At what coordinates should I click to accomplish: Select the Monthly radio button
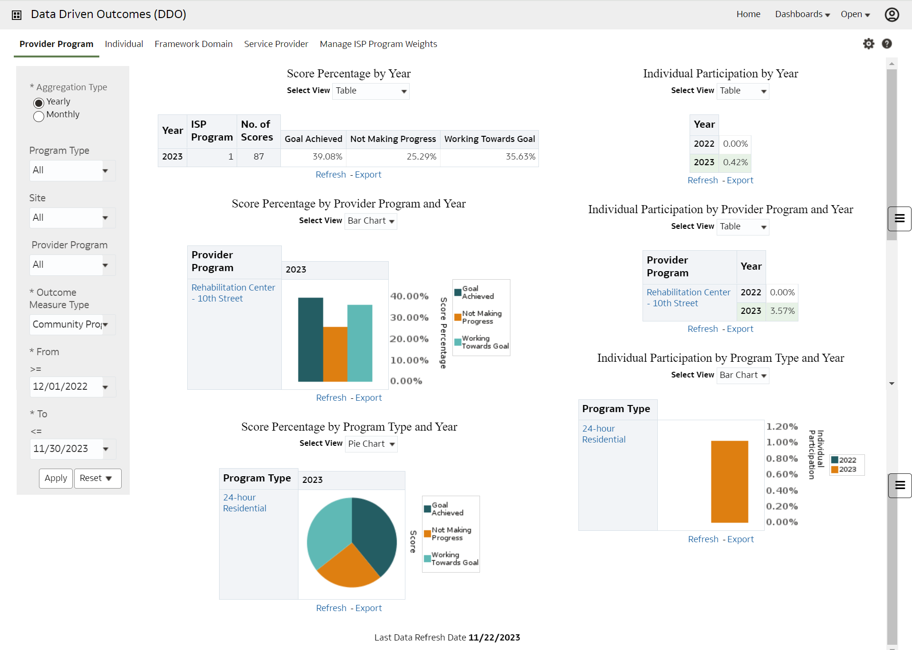[x=39, y=116]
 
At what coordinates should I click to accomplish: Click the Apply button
[x=56, y=478]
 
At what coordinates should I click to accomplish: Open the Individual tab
[x=124, y=44]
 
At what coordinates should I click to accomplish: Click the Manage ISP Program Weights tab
[x=378, y=44]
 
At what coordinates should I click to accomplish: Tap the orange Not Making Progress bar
[x=335, y=353]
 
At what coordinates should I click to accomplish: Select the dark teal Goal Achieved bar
[x=310, y=339]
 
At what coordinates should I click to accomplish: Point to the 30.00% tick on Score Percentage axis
[x=409, y=318]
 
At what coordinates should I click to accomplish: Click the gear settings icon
[x=868, y=44]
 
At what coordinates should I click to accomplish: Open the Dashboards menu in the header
[x=802, y=14]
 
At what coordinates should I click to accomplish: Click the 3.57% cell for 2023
[x=782, y=311]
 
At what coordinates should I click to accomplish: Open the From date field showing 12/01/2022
[x=66, y=386]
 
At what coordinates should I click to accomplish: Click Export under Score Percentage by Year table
[x=368, y=175]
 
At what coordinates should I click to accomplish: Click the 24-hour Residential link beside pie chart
[x=244, y=503]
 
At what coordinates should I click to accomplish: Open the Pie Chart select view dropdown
[x=371, y=444]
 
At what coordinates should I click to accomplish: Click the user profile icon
[x=892, y=15]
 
